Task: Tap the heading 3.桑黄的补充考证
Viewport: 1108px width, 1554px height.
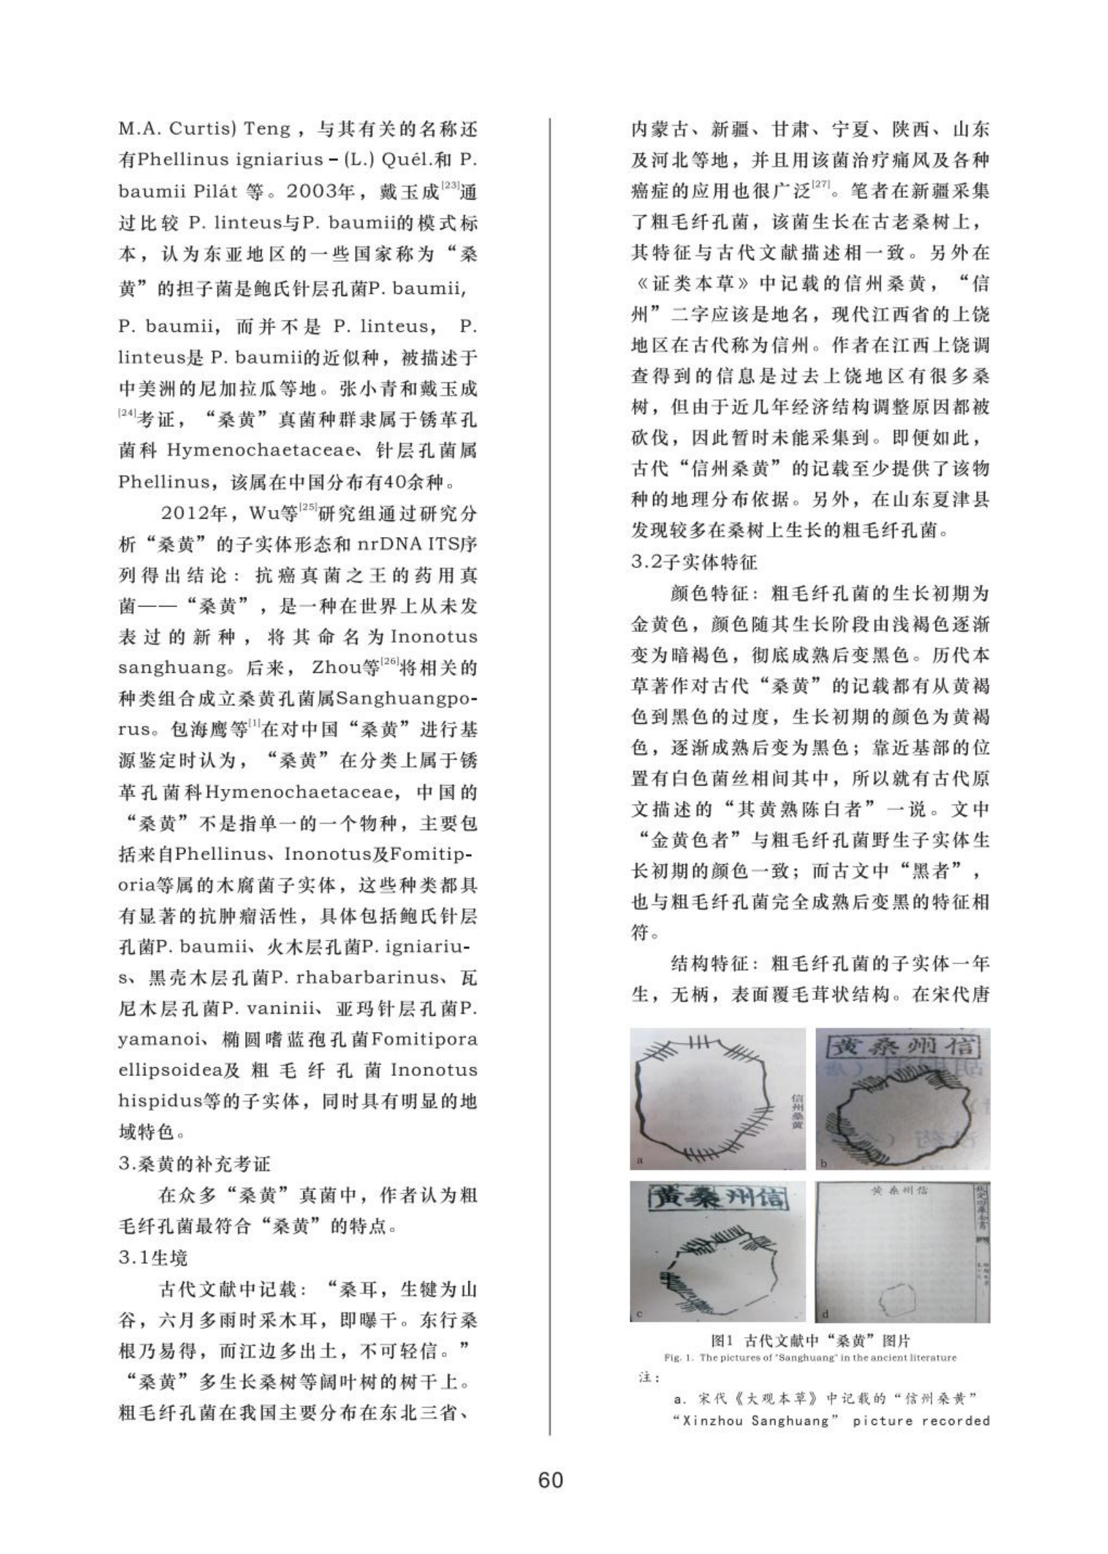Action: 194,1164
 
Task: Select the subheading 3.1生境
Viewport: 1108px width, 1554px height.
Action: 153,1257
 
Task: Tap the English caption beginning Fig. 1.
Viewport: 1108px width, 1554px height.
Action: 810,1358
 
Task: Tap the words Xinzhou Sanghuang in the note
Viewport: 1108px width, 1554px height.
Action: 756,1421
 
